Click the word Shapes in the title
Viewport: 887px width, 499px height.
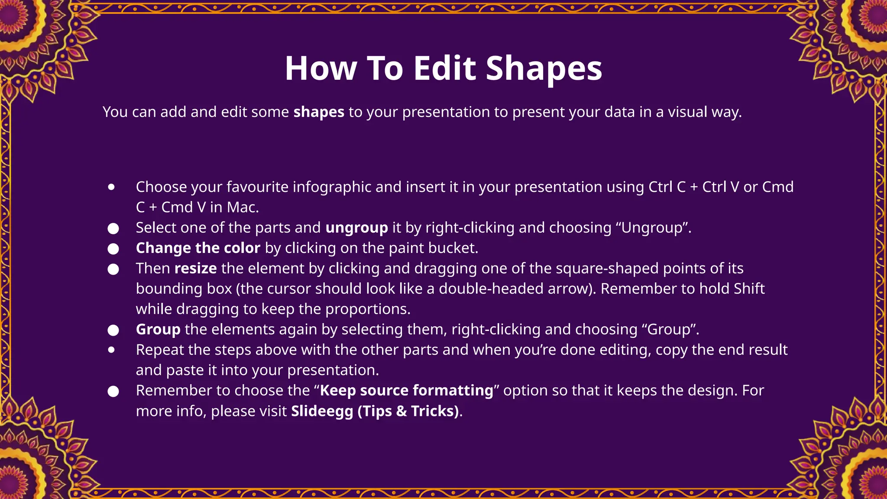coord(544,68)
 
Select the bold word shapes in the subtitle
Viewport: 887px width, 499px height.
coord(319,112)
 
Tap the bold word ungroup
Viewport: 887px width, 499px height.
coord(356,228)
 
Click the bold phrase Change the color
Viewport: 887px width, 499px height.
coord(198,248)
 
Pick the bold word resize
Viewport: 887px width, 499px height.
coord(195,269)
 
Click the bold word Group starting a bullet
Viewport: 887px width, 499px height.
coord(158,330)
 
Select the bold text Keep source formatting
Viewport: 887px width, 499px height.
coord(406,391)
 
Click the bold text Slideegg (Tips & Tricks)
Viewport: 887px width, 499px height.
coord(375,411)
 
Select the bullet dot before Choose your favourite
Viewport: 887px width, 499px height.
coord(112,187)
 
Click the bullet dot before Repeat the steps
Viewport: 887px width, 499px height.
coord(112,350)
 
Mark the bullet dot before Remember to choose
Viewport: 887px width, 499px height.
coord(113,392)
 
